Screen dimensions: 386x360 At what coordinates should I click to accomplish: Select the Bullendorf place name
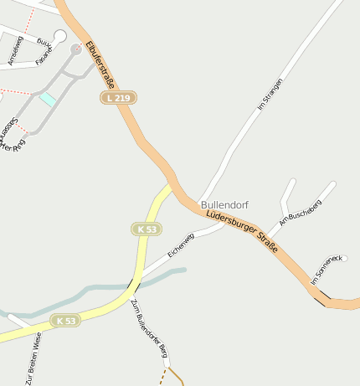click(x=224, y=204)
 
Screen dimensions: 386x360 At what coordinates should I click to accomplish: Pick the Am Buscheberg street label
click(x=300, y=214)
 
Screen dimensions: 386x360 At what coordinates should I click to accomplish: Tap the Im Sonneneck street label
click(x=327, y=270)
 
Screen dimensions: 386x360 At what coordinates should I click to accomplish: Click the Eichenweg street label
click(x=180, y=244)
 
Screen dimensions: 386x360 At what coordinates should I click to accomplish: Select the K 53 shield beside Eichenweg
click(x=147, y=229)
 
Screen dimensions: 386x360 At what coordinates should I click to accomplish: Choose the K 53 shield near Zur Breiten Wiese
click(x=64, y=321)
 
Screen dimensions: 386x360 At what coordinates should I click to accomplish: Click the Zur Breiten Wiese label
click(x=33, y=358)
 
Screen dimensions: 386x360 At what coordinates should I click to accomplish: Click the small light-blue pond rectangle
click(x=49, y=99)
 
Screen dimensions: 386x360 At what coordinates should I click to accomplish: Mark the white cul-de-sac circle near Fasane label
click(x=59, y=35)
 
